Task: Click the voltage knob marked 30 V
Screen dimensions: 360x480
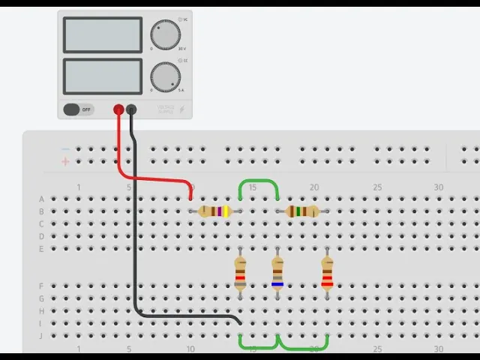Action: [166, 35]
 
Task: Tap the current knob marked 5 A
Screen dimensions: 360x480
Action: [166, 76]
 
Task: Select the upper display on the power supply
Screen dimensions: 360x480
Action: [103, 34]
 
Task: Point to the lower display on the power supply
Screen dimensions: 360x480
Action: [103, 76]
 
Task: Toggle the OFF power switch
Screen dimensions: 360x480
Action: [78, 109]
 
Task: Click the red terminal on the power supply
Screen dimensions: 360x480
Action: [118, 109]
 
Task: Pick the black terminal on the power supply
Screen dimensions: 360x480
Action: [131, 109]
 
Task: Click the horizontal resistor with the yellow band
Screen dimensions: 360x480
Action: [214, 211]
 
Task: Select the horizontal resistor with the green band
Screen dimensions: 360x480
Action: [302, 211]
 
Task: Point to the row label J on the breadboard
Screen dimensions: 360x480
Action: [41, 335]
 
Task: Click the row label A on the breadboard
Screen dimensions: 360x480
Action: [41, 199]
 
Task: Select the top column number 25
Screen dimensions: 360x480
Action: [377, 187]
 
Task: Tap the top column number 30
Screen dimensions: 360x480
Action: [439, 187]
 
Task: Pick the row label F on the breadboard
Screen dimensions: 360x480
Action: [41, 286]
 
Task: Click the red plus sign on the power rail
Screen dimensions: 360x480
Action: [65, 161]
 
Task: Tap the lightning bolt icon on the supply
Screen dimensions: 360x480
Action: [181, 109]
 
